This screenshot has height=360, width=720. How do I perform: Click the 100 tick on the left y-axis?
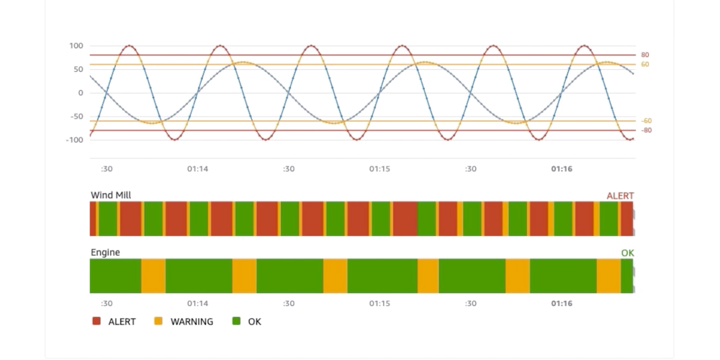click(76, 46)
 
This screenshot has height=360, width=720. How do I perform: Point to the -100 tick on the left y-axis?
click(74, 140)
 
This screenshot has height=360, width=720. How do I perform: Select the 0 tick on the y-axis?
click(80, 93)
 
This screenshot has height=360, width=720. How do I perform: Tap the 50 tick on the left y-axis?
click(77, 69)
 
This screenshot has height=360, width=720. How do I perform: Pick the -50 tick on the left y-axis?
click(76, 116)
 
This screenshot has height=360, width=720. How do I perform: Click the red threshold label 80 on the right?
click(645, 55)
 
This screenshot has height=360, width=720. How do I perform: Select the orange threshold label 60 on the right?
click(645, 64)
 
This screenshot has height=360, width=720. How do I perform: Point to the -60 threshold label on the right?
click(647, 120)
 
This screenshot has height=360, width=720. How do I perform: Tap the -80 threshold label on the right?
click(647, 130)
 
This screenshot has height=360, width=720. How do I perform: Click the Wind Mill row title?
click(111, 195)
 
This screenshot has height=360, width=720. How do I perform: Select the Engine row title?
click(105, 253)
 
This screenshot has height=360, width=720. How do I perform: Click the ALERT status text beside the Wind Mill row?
click(620, 196)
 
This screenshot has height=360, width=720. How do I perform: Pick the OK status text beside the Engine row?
click(627, 253)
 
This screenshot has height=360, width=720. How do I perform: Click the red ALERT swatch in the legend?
click(96, 322)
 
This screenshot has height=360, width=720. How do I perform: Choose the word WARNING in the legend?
click(192, 322)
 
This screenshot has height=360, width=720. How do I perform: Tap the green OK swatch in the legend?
click(236, 322)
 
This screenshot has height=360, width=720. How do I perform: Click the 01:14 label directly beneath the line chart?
click(197, 169)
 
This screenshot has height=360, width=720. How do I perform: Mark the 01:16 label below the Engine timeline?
click(562, 304)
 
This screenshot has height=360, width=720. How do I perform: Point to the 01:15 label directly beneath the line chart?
click(379, 169)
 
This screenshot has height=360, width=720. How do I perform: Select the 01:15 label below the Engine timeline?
click(379, 304)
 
